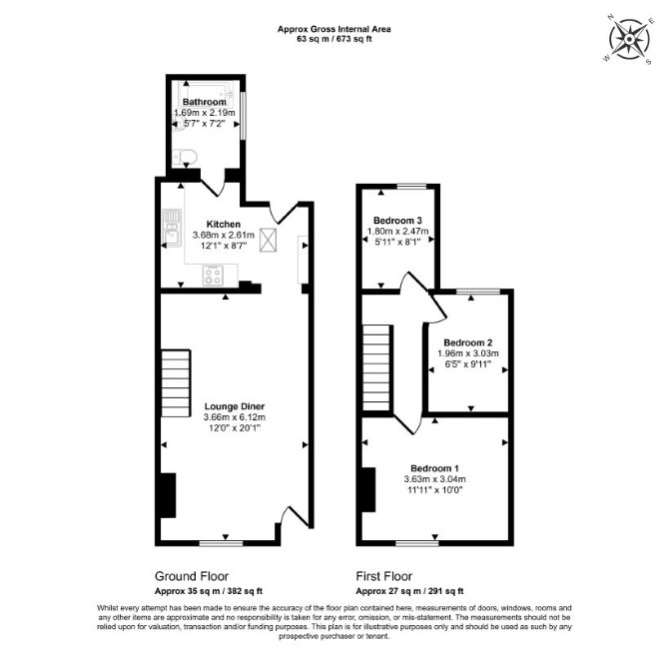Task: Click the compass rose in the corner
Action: (x=629, y=39)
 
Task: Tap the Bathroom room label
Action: (x=205, y=102)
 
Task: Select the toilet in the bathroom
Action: (x=185, y=158)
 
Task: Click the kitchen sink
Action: (x=172, y=228)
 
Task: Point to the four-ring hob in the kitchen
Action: (x=213, y=276)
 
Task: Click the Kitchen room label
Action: (x=223, y=225)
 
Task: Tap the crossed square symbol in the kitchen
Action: (x=268, y=241)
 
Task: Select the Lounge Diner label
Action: (x=235, y=406)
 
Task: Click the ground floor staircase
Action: (x=176, y=383)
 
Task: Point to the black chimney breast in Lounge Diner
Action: (x=168, y=495)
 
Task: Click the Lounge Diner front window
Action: (x=221, y=543)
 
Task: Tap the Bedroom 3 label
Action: (x=397, y=221)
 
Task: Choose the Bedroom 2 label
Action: (x=468, y=342)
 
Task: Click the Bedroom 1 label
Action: (x=434, y=468)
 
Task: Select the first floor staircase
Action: (x=376, y=367)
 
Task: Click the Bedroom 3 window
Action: (x=411, y=186)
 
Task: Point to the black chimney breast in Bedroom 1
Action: (x=368, y=489)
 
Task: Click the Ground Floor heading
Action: (x=192, y=576)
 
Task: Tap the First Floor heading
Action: (x=384, y=576)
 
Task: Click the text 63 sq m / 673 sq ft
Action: (x=334, y=39)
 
